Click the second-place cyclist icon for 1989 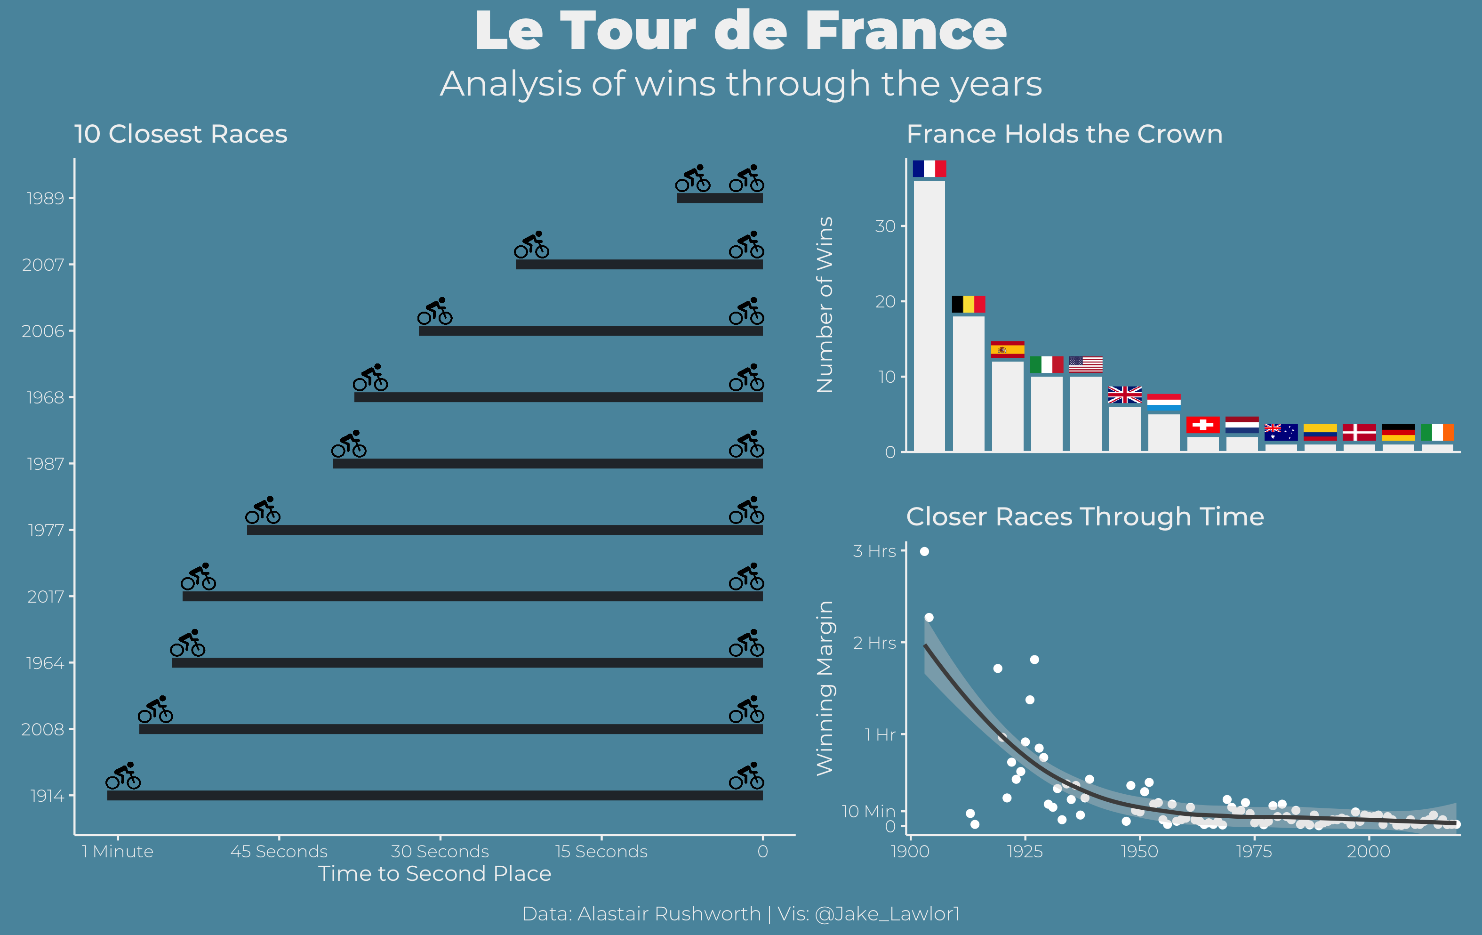(x=692, y=178)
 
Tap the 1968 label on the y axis (x=45, y=398)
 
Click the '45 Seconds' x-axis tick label (x=279, y=851)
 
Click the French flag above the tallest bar (x=929, y=169)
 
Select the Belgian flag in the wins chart (x=968, y=304)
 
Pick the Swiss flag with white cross (x=1202, y=425)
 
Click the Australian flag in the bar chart (x=1281, y=432)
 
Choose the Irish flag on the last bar (x=1437, y=432)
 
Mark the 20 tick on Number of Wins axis (x=886, y=302)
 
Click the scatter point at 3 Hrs (x=924, y=551)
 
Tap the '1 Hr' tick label (x=880, y=734)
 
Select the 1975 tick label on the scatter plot (x=1254, y=851)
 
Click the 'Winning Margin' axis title (x=825, y=687)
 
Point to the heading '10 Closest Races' (x=180, y=134)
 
